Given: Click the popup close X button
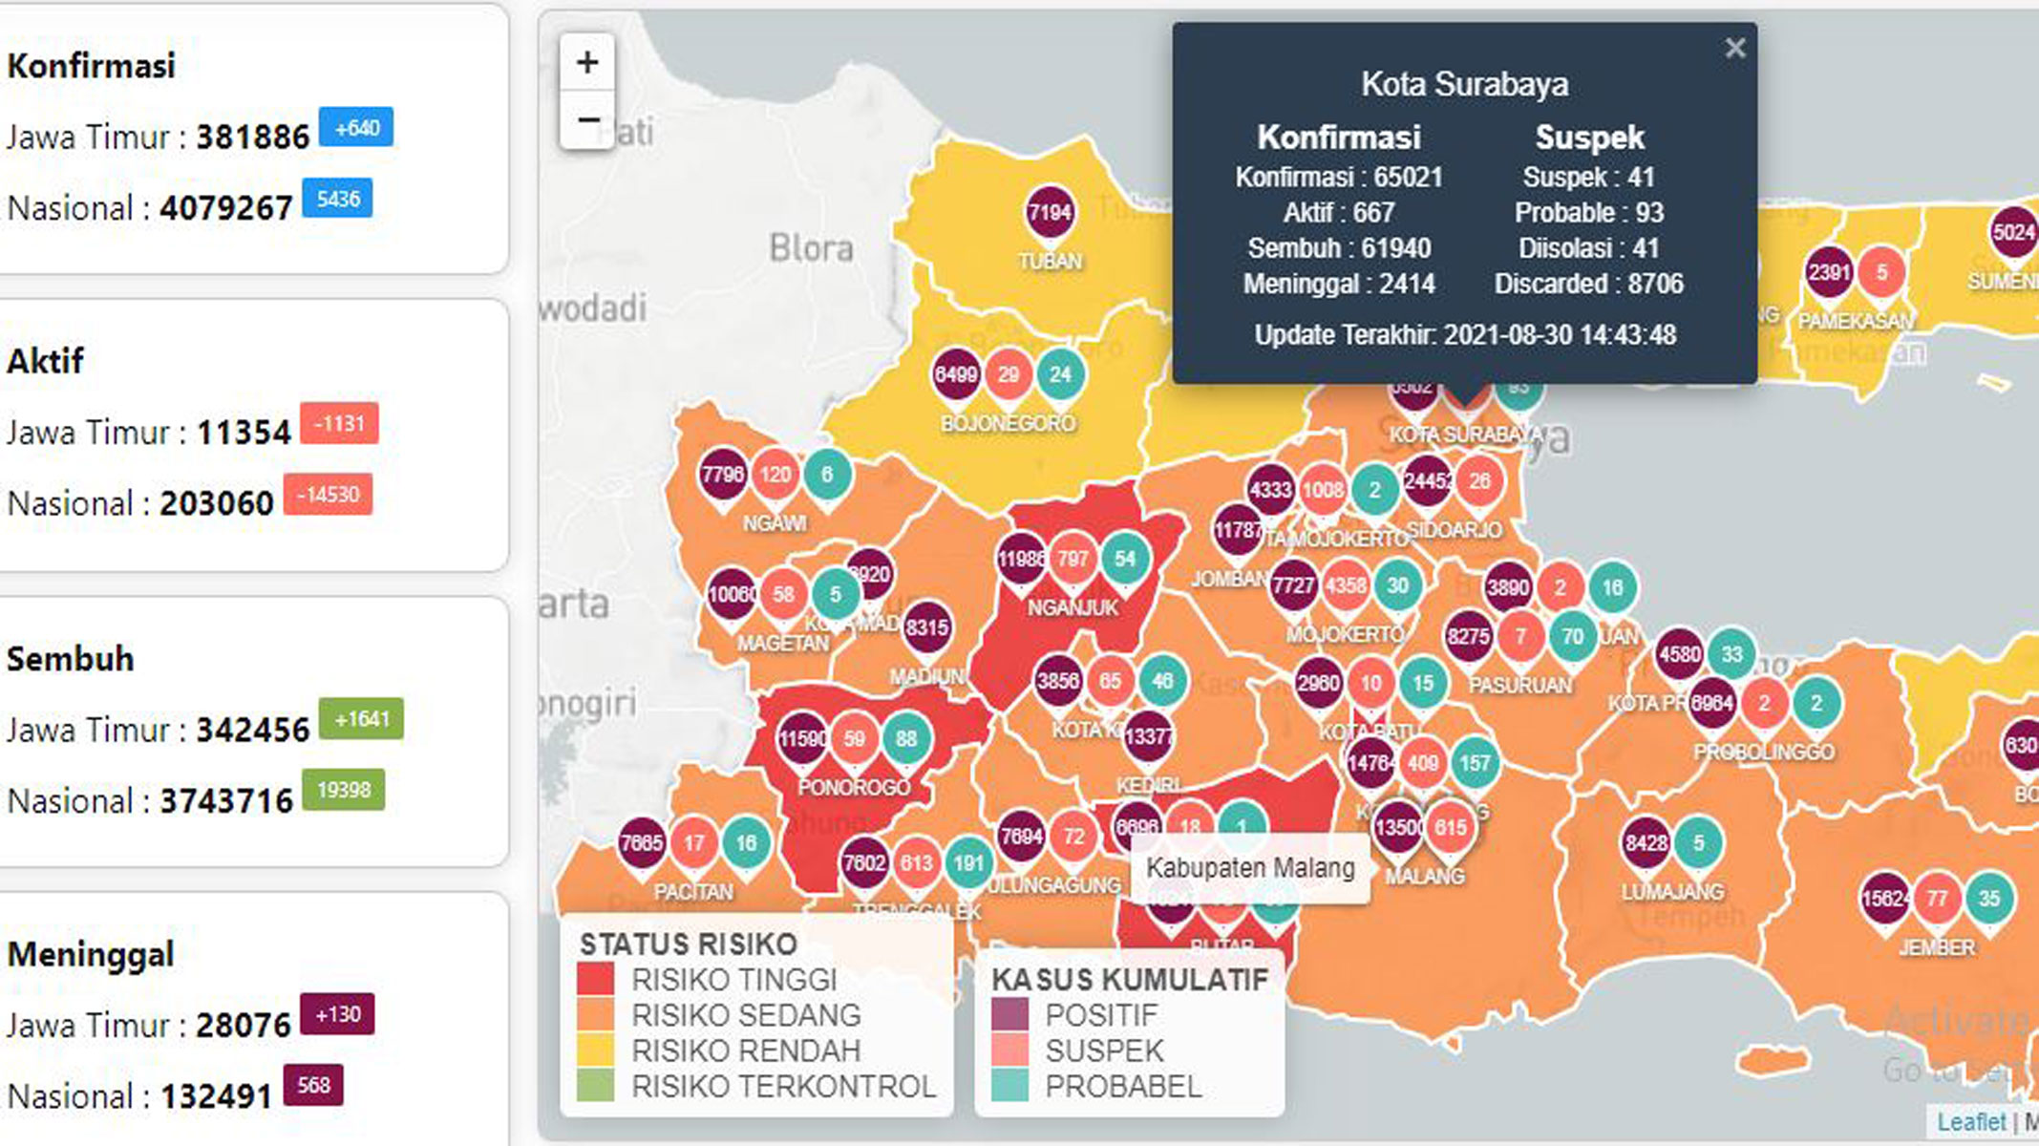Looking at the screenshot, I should pos(1735,48).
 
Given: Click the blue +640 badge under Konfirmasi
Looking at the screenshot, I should pos(356,128).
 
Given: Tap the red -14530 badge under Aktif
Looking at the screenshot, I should pos(328,495).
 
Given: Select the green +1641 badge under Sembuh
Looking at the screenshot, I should pos(361,719).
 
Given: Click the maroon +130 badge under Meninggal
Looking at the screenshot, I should pos(337,1014).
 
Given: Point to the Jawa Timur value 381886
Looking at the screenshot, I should pos(253,138).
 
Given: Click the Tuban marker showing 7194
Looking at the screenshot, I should pos(1050,213).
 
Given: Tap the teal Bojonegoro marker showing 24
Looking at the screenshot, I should pos(1060,374).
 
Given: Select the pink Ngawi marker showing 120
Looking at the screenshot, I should pos(775,475).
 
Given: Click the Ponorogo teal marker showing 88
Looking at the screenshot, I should pos(905,738).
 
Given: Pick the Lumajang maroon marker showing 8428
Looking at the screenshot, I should pos(1646,843).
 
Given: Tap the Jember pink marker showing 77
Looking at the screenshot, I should pos(1936,899).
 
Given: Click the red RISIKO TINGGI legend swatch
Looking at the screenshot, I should pos(596,980).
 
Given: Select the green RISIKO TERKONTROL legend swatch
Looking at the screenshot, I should pos(596,1086).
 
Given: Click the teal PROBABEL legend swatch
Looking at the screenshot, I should pos(1009,1086).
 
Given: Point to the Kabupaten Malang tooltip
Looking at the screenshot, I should pos(1249,869).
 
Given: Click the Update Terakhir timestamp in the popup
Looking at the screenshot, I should pos(1464,335).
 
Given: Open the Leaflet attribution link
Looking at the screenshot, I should pos(1970,1122).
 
